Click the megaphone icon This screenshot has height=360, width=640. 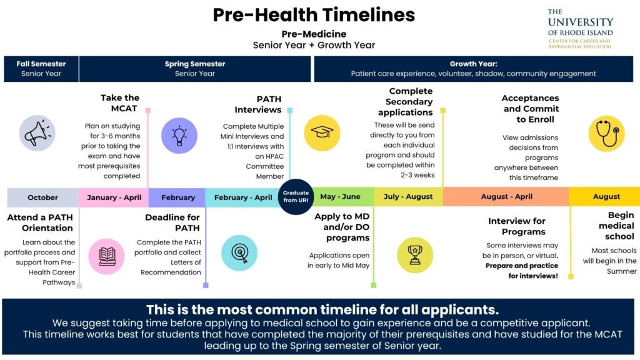tap(37, 133)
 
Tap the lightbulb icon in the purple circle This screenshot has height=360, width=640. tap(179, 136)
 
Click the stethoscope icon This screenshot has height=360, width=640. tap(606, 134)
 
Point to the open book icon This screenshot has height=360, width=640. tap(106, 256)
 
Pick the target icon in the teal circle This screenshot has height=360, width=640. tap(239, 253)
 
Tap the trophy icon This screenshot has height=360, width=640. tap(415, 255)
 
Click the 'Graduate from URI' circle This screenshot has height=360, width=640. tap(296, 197)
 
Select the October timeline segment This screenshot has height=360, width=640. tap(43, 197)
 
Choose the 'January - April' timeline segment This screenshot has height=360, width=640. tap(114, 197)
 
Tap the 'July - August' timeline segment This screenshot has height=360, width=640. tap(409, 197)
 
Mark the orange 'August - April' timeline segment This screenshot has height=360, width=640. tap(506, 197)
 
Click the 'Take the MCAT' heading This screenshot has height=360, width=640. tap(120, 103)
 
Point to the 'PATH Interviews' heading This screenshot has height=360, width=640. tap(258, 104)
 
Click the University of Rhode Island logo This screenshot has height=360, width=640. tap(581, 29)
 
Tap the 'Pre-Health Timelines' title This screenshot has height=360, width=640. tap(314, 15)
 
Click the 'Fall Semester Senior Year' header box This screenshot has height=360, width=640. tap(41, 69)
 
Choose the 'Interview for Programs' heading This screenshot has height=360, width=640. tap(517, 226)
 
